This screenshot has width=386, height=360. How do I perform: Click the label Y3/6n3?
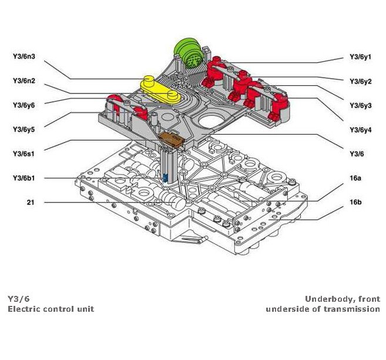click(24, 57)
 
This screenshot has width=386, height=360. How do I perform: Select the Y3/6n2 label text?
click(24, 81)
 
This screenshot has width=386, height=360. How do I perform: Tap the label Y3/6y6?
click(24, 105)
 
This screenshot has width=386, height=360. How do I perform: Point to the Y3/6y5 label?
click(24, 129)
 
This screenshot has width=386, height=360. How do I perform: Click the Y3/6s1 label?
click(24, 154)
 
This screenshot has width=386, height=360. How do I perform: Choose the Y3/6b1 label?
click(24, 178)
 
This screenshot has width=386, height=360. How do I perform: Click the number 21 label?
click(30, 202)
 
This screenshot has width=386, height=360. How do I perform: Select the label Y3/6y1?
click(360, 58)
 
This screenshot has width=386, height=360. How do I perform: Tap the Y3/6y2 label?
click(360, 81)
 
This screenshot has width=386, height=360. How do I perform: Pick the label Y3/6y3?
click(360, 105)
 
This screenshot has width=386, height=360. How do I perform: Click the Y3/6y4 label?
click(360, 129)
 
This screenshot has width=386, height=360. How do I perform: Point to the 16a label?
click(355, 178)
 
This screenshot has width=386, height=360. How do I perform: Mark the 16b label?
click(355, 202)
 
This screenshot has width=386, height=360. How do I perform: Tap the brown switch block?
click(172, 139)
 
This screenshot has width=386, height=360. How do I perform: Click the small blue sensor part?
click(166, 178)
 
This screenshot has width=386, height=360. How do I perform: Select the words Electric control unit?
click(51, 309)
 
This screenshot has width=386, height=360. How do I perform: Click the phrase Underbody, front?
click(342, 299)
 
